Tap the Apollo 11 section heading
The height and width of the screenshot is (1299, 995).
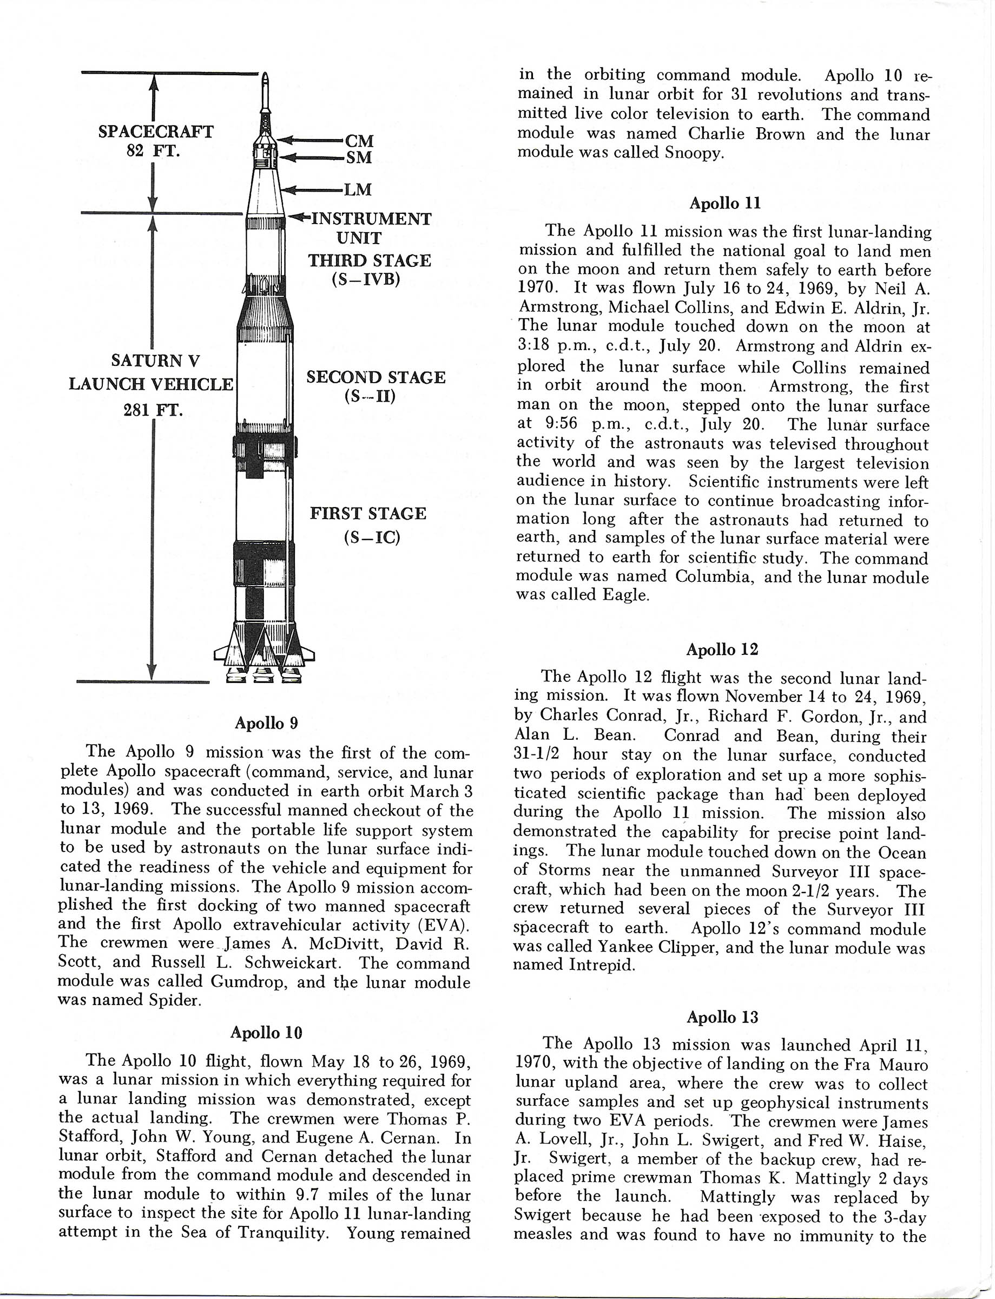coord(725,203)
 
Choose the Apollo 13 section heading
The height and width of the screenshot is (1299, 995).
coord(722,1017)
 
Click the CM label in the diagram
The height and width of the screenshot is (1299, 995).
coord(359,140)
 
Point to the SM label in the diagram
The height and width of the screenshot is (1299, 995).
coord(359,158)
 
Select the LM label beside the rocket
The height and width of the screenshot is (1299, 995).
coord(358,189)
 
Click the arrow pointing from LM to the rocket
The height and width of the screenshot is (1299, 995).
coord(312,190)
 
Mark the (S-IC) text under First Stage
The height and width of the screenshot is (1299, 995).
coord(372,538)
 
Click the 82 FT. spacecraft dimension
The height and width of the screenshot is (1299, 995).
coord(154,150)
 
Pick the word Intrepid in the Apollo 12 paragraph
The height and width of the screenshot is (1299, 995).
coord(602,965)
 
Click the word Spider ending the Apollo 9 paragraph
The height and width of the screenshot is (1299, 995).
coord(176,1000)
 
